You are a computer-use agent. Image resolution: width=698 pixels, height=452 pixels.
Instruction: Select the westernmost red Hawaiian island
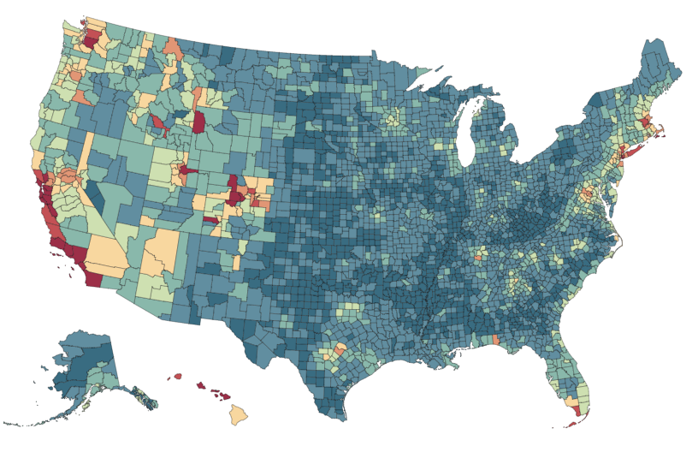(x=178, y=376)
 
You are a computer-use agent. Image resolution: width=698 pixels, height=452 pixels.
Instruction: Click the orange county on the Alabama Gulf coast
(x=496, y=340)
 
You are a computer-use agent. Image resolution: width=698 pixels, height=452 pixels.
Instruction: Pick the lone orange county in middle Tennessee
(x=477, y=256)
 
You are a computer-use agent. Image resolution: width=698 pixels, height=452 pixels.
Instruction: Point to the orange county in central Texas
(x=341, y=349)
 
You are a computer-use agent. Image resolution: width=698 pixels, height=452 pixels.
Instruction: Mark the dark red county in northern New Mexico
(x=212, y=220)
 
